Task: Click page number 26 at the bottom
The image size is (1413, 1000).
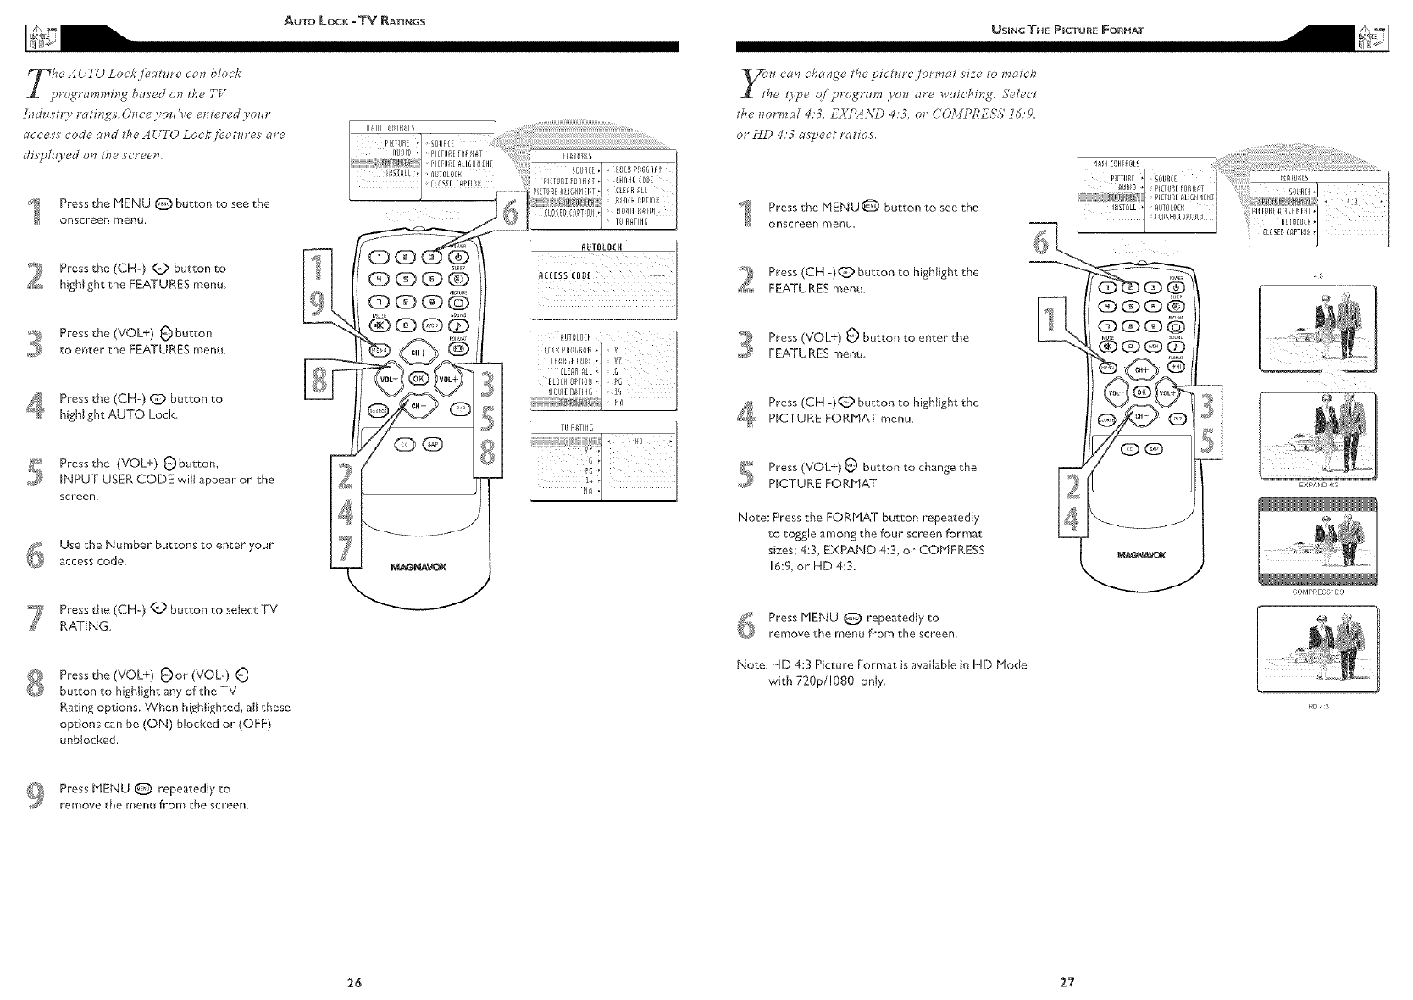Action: [x=354, y=983]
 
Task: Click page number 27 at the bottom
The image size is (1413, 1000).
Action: [x=1067, y=983]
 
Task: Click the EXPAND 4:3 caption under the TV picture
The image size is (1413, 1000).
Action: [x=1317, y=486]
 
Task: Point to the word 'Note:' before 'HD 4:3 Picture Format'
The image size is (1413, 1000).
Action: [x=751, y=664]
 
